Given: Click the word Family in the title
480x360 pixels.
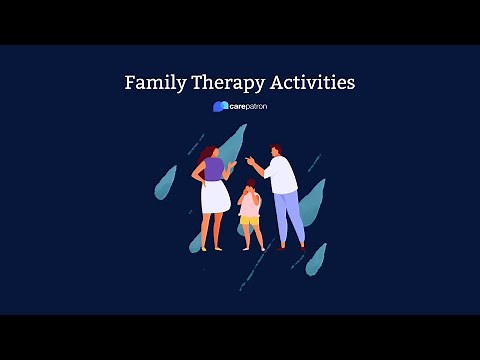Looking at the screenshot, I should coord(153,83).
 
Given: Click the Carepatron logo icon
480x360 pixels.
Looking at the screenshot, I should coord(218,106).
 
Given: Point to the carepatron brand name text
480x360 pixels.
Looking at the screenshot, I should coord(247,106).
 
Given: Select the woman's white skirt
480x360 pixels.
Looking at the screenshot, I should coord(214,197).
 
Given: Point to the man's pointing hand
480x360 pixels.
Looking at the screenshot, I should coord(250,159).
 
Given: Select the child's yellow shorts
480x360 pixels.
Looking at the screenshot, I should coord(249,221).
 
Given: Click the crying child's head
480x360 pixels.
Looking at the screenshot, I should coord(250,188).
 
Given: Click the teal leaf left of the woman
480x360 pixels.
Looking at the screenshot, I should coord(165,182).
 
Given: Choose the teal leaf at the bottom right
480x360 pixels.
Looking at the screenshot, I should coord(316,258).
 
